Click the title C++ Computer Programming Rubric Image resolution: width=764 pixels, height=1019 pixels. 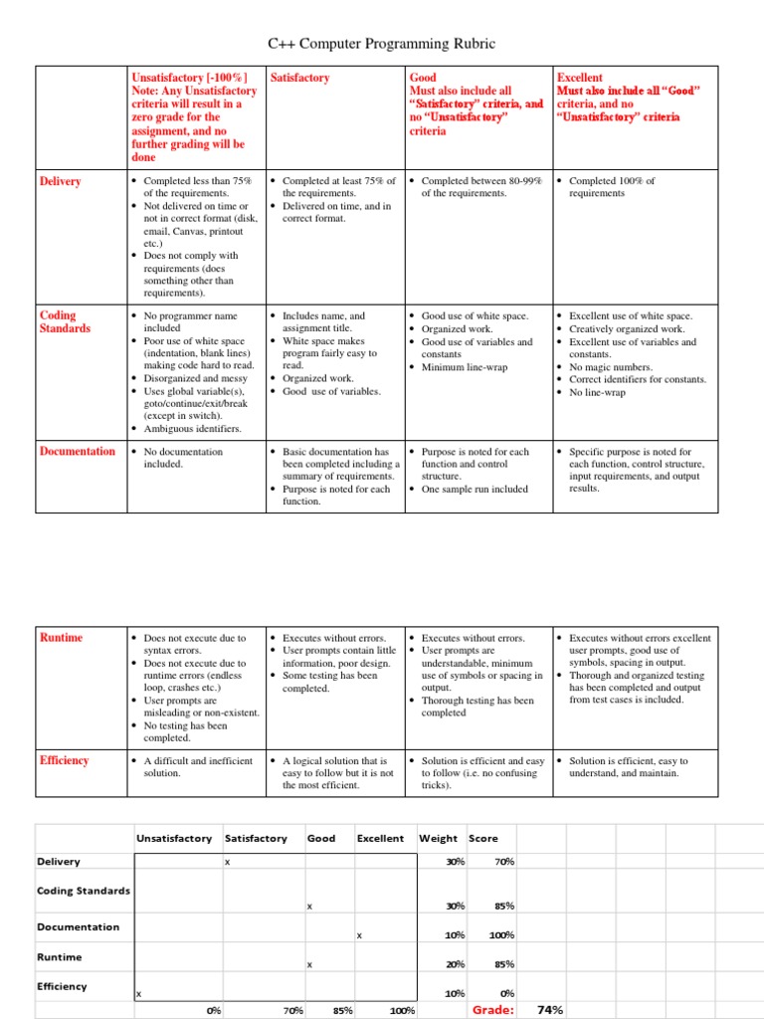(x=382, y=44)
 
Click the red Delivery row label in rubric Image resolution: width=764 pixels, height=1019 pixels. (x=60, y=181)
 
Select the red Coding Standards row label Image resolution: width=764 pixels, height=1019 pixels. (x=65, y=321)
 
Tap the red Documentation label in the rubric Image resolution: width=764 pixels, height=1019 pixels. (x=77, y=451)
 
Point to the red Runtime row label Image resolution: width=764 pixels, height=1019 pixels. (x=61, y=637)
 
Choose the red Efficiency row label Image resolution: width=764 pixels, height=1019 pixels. (x=64, y=760)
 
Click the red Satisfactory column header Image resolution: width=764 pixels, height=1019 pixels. (x=299, y=78)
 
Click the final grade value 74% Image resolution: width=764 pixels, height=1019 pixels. (x=550, y=1009)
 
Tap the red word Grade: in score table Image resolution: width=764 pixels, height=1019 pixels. (x=493, y=1009)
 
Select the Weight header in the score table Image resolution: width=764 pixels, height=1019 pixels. (x=439, y=838)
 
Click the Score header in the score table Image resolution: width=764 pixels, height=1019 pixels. (x=483, y=838)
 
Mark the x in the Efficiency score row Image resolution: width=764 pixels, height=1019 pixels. (x=139, y=994)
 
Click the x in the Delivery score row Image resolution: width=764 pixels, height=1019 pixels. (x=227, y=862)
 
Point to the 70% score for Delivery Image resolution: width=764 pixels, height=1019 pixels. (x=503, y=862)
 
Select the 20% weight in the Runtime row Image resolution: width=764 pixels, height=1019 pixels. (x=456, y=964)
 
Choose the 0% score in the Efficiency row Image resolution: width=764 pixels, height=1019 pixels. (x=506, y=993)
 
